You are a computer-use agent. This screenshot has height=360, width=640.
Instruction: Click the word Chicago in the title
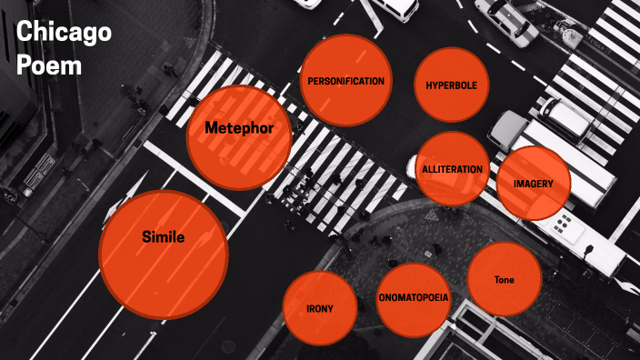point(64,35)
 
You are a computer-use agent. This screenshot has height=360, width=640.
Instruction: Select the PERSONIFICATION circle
point(345,80)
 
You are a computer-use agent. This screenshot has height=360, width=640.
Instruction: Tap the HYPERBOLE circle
point(452,85)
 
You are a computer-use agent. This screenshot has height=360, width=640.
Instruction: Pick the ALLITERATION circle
point(453,169)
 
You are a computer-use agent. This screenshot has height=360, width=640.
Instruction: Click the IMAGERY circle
point(534,183)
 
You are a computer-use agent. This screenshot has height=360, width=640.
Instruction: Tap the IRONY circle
point(319,308)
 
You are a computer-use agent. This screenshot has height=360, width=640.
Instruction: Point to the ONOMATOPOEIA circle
point(413,298)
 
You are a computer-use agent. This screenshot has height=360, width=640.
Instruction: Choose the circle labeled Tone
point(504,279)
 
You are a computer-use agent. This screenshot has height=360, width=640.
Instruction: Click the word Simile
point(164,238)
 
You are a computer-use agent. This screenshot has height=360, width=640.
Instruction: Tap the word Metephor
point(239,128)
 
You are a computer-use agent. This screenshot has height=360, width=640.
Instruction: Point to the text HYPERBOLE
point(452,85)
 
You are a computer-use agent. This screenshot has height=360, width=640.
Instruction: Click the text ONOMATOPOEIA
point(413,297)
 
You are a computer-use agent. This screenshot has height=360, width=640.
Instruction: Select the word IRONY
point(319,309)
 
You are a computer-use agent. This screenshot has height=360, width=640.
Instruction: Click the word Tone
point(504,280)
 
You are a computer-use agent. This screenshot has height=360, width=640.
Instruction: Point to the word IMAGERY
point(534,184)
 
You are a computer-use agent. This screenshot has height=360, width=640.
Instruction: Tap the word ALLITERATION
point(453,170)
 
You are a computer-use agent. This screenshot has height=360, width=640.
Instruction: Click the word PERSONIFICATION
point(345,81)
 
